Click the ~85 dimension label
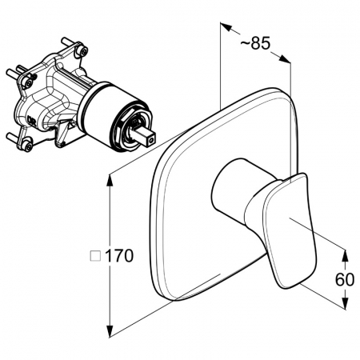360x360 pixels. (255, 43)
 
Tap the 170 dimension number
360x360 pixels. (119, 256)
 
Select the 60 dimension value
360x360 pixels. (345, 279)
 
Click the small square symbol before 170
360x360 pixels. (95, 256)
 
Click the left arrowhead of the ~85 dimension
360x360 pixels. (226, 26)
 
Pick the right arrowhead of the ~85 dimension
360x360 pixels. (285, 59)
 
